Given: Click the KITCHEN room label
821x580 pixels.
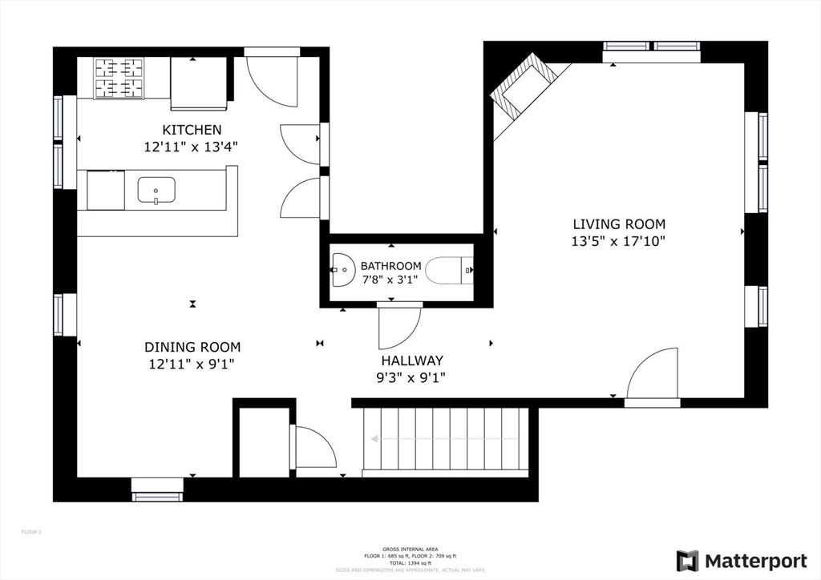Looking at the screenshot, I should click(192, 130).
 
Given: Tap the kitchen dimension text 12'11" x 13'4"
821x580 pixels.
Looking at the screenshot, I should click(192, 147).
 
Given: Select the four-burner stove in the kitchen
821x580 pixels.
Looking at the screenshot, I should click(119, 78).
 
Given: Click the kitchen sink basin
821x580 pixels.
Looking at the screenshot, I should click(156, 191).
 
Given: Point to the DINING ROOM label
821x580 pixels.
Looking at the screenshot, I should click(192, 347).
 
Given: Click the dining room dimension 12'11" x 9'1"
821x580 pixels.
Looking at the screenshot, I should click(192, 364).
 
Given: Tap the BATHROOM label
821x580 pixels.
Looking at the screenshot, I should click(390, 266).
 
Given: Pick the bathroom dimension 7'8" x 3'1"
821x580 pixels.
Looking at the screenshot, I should click(390, 280).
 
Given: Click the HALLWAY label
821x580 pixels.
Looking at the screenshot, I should click(412, 360).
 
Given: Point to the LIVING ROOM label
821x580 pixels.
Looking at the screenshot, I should click(618, 224).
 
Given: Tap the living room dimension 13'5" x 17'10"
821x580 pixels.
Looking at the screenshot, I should click(618, 240).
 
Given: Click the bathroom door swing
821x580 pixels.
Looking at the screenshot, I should click(398, 328).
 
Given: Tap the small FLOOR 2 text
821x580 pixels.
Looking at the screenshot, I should click(30, 531).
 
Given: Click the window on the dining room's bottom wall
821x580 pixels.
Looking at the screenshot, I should click(157, 496).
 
